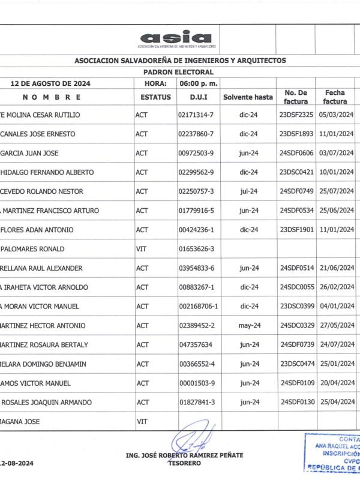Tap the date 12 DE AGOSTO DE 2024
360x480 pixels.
point(54,83)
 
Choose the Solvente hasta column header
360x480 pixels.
point(248,97)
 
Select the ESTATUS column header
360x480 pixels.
point(155,97)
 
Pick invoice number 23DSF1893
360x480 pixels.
point(296,134)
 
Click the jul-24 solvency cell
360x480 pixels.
point(248,191)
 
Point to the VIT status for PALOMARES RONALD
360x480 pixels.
point(142,248)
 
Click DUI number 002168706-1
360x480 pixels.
point(198,306)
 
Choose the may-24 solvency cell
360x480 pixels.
point(248,325)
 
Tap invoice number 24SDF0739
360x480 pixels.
point(296,344)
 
